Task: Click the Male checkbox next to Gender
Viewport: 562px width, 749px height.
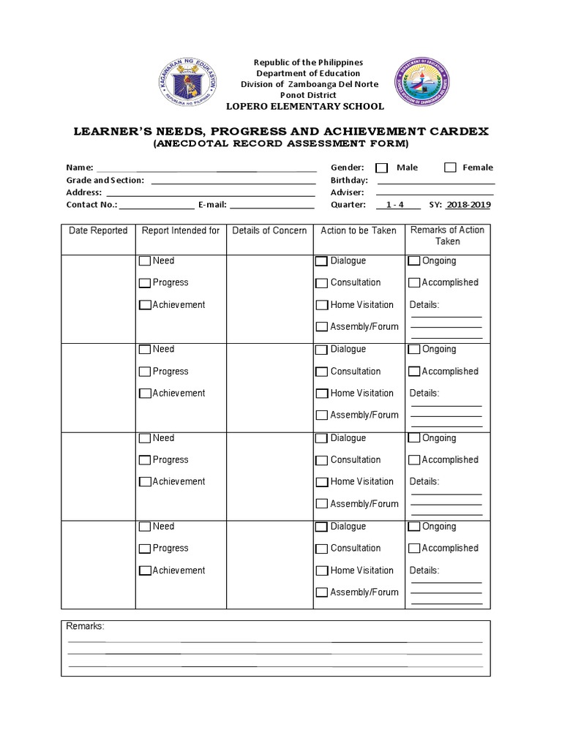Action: point(381,168)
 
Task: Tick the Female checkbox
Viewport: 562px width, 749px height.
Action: point(450,168)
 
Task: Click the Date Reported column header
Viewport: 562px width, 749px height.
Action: point(98,230)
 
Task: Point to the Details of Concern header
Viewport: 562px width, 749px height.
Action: point(269,230)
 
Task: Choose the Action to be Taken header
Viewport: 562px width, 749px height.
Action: point(359,230)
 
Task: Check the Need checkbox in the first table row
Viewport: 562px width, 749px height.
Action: point(145,261)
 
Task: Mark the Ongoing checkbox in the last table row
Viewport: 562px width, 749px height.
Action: point(414,527)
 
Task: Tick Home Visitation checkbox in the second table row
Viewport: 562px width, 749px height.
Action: point(321,394)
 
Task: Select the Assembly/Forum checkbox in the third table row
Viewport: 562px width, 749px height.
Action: point(321,504)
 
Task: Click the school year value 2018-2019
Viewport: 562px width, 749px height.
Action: point(468,205)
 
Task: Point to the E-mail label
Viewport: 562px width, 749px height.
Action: point(211,205)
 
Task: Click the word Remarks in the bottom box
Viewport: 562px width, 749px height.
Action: point(86,627)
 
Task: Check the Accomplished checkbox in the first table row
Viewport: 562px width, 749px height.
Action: point(414,283)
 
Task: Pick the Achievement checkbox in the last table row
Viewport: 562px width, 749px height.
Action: point(145,571)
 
